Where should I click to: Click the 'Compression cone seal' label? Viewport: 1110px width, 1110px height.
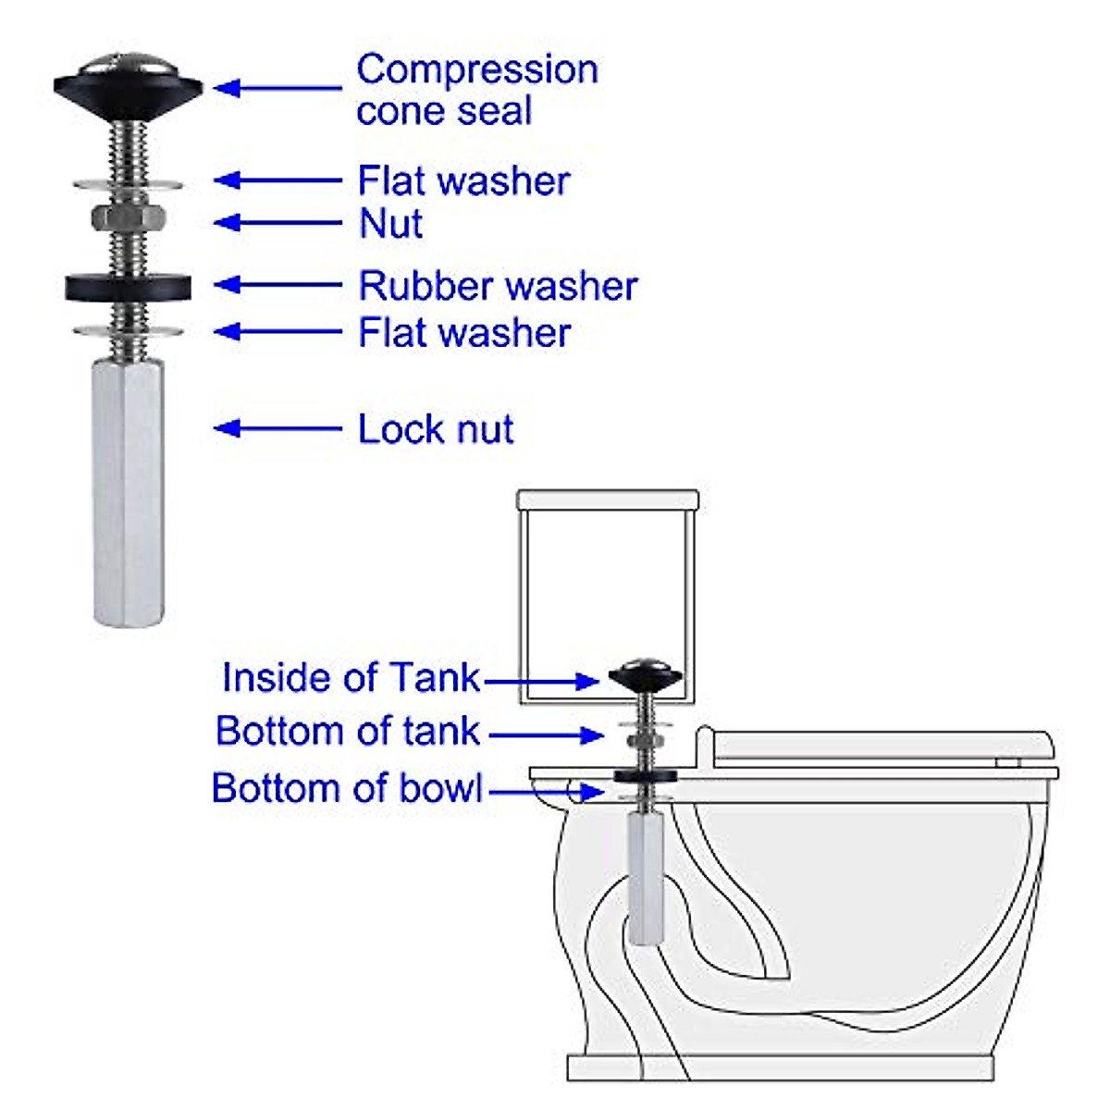476,90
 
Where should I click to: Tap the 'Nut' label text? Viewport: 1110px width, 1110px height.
390,224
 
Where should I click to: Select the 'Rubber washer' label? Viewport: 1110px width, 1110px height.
498,286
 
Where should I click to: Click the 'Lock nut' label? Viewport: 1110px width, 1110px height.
436,429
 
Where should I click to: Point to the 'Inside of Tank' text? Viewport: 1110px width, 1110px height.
351,678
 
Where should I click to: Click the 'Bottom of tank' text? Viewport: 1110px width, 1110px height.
348,731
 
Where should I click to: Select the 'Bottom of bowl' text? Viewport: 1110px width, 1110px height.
348,788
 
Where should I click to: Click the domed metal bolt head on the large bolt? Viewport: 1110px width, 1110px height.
128,67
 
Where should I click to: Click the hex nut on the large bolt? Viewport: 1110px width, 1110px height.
129,218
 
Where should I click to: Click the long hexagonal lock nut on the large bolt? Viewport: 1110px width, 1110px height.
129,490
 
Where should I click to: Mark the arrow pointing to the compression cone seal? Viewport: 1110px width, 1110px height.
277,88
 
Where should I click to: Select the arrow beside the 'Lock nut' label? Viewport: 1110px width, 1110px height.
277,428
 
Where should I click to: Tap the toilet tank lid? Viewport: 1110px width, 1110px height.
608,499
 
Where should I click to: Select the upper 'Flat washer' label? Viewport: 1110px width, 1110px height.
463,181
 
